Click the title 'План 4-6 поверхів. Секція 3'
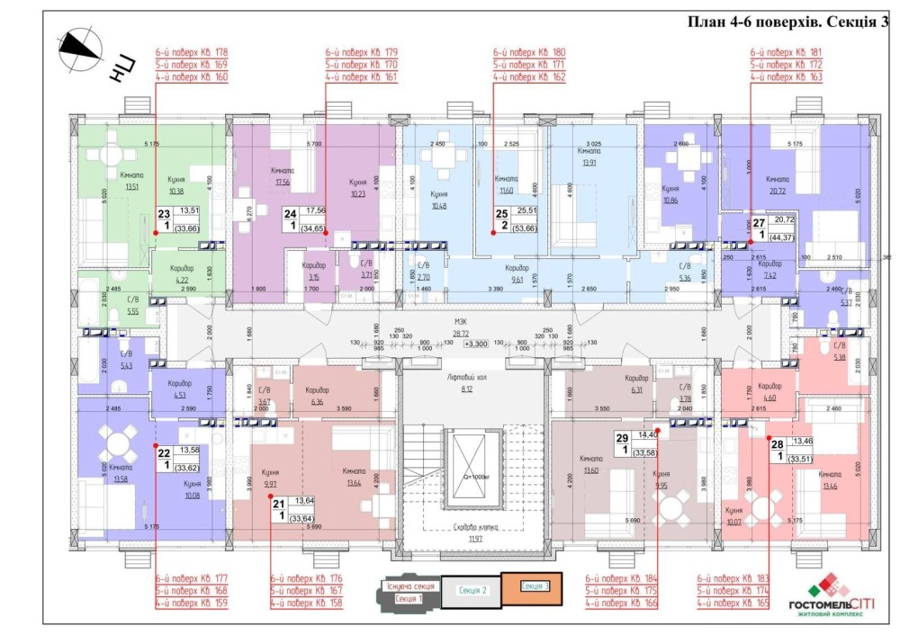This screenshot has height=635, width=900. (x=787, y=22)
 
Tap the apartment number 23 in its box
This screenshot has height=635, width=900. (x=164, y=214)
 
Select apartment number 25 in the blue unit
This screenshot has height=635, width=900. (x=501, y=214)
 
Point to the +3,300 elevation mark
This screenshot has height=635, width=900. (x=476, y=344)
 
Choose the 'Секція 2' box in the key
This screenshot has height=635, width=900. (x=472, y=590)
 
